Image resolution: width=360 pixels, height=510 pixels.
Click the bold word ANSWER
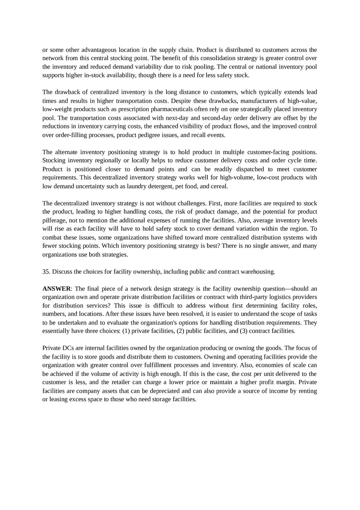pos(56,289)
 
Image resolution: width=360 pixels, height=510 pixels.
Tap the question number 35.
pos(46,272)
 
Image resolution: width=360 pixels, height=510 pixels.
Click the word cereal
pos(219,186)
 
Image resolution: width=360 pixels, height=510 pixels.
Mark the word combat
pos(52,238)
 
